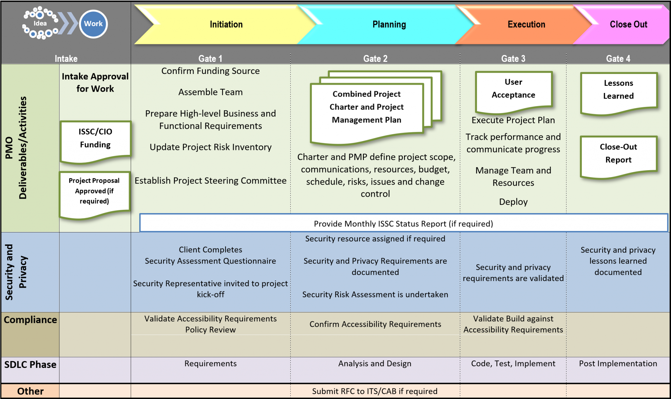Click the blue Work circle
point(93,24)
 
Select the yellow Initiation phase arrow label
point(226,25)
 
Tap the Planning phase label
point(389,25)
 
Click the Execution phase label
point(526,25)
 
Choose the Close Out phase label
point(628,25)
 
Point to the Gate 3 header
point(513,59)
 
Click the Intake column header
point(66,59)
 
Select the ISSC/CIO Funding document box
point(95,139)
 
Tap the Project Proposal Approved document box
point(94,191)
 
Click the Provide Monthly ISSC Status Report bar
point(403,224)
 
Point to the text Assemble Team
point(210,92)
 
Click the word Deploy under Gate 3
point(513,202)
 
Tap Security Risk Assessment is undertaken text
point(375,295)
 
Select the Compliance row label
point(30,320)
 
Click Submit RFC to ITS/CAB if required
point(374,391)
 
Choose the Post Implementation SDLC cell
point(618,364)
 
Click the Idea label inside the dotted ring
point(40,23)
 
